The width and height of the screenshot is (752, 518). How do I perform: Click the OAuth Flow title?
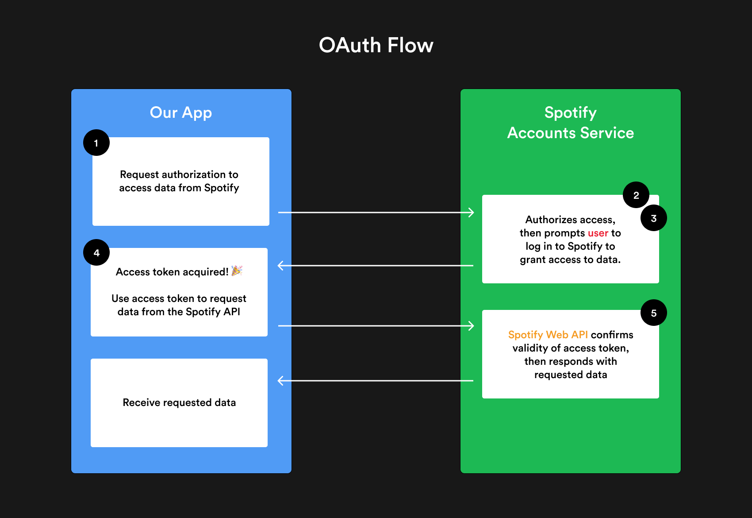[x=376, y=45]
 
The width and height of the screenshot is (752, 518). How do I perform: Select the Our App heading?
[x=181, y=113]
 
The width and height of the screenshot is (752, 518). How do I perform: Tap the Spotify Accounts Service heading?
[x=570, y=123]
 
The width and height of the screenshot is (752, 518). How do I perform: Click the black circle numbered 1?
[x=96, y=143]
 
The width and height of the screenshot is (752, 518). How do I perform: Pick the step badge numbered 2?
[x=636, y=195]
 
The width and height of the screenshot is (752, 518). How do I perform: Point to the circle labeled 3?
[x=653, y=218]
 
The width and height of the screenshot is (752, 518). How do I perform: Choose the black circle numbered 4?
[x=96, y=252]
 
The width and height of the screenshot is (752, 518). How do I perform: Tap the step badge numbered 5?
[x=653, y=313]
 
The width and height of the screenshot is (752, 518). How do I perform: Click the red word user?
[x=598, y=233]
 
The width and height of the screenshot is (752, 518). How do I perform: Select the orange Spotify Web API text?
[x=548, y=335]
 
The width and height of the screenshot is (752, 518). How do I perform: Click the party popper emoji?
[x=237, y=271]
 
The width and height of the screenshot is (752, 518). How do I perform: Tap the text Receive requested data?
[x=179, y=402]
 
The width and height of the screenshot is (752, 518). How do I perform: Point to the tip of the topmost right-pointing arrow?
[x=473, y=213]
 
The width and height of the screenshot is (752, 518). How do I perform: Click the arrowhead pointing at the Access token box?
[x=279, y=266]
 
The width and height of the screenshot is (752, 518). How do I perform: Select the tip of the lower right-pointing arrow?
[x=473, y=326]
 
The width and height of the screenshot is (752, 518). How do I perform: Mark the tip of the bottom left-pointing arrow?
[x=279, y=381]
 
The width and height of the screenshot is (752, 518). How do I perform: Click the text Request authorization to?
[x=179, y=174]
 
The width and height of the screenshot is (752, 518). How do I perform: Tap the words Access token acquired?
[x=172, y=272]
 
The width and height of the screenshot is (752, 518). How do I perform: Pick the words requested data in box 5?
[x=570, y=375]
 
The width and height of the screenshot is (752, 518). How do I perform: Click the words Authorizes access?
[x=570, y=220]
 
